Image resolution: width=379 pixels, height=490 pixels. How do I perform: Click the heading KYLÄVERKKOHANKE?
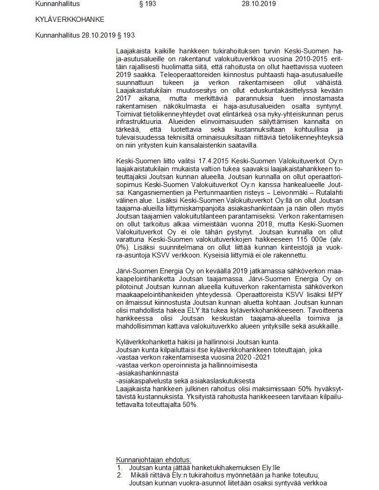pyautogui.click(x=70, y=19)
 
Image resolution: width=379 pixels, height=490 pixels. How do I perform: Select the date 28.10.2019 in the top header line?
pyautogui.click(x=259, y=4)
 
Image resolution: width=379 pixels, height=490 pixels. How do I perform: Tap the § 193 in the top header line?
pyautogui.click(x=148, y=4)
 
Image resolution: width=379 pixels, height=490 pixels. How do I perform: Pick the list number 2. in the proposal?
pyautogui.click(x=119, y=475)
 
